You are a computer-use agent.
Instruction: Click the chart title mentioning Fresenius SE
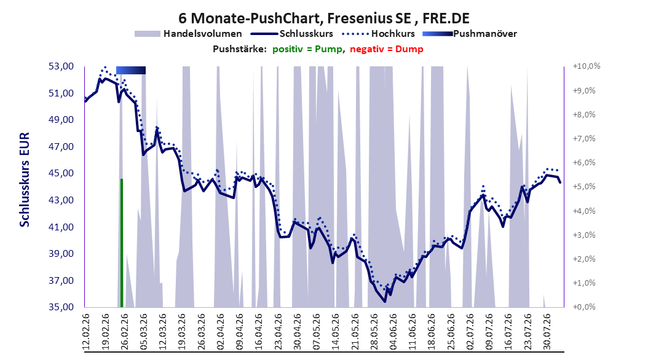[x=323, y=18]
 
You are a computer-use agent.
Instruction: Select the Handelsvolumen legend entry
[x=188, y=34]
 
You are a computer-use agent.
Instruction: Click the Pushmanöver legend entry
[x=470, y=34]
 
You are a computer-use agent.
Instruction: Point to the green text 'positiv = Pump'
[x=307, y=49]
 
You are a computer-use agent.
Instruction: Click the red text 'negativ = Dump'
[x=387, y=49]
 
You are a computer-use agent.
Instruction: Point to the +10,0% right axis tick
[x=587, y=66]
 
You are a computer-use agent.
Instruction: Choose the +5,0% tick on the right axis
[x=584, y=187]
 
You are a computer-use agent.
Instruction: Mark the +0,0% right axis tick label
[x=584, y=307]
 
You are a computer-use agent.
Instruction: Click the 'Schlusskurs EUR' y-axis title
[x=25, y=179]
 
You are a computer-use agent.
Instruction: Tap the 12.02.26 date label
[x=86, y=332]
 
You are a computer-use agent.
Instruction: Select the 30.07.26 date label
[x=547, y=332]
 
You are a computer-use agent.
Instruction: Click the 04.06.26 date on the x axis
[x=393, y=332]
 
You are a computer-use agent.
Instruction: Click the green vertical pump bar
[x=122, y=243]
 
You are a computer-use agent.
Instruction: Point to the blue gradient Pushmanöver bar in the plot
[x=130, y=70]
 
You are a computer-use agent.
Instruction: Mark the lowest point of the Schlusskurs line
[x=385, y=302]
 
